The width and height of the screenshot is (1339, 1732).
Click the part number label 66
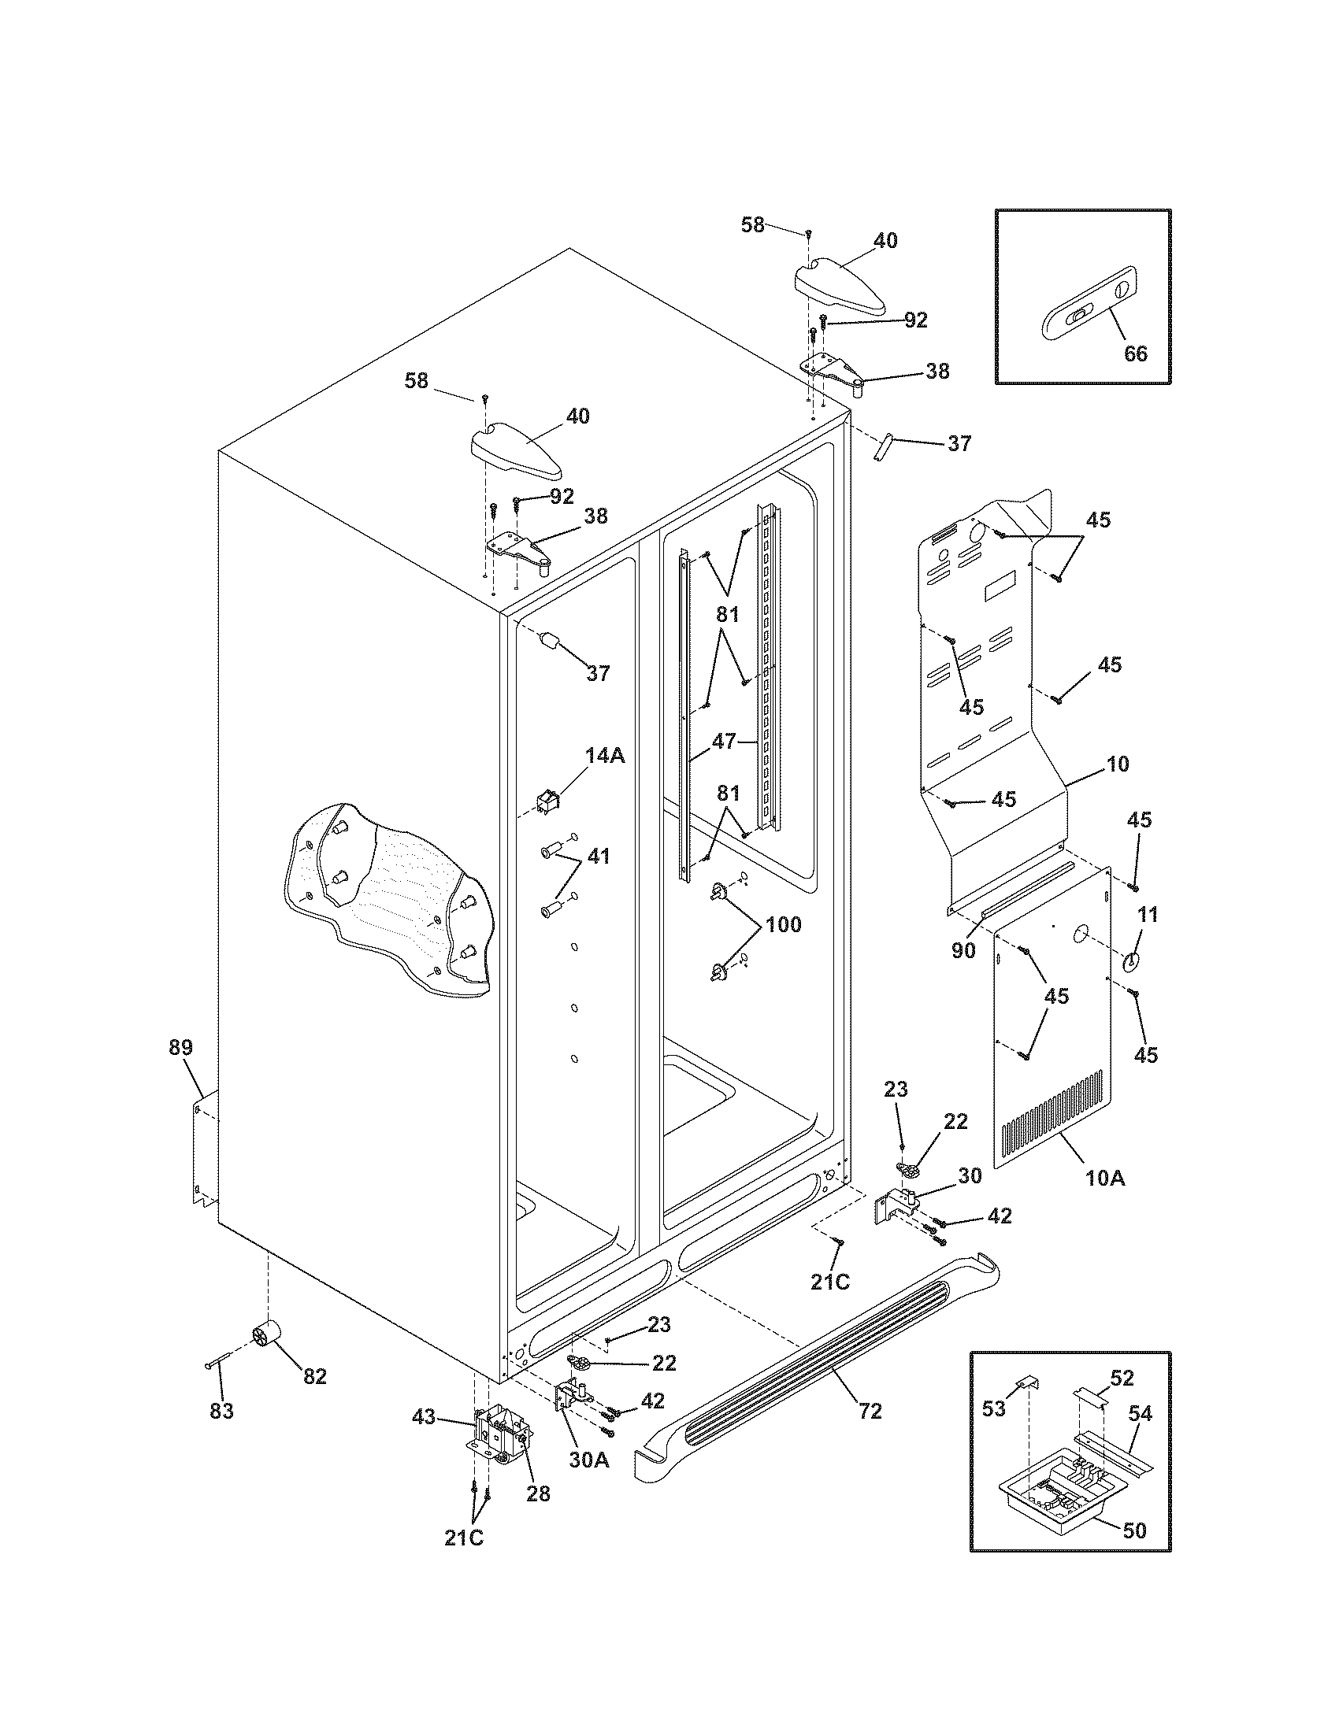coord(1135,353)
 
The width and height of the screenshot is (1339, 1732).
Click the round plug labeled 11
coord(1129,961)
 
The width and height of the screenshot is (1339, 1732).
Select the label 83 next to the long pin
coord(221,1411)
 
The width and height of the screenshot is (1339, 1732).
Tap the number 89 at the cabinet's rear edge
coord(180,1047)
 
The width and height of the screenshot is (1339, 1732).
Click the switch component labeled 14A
coord(546,804)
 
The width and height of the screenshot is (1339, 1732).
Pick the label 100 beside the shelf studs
coord(783,924)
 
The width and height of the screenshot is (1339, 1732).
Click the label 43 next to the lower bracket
coord(424,1416)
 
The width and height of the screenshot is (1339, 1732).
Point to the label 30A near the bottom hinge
coord(588,1459)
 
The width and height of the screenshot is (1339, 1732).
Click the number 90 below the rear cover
coord(963,950)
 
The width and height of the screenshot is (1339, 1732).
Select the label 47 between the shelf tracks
coord(723,742)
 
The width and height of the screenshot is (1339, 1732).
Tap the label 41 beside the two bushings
coord(598,857)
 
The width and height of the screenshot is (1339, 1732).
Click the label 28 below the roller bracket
coord(539,1493)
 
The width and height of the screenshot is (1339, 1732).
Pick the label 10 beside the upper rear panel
coord(1117,764)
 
